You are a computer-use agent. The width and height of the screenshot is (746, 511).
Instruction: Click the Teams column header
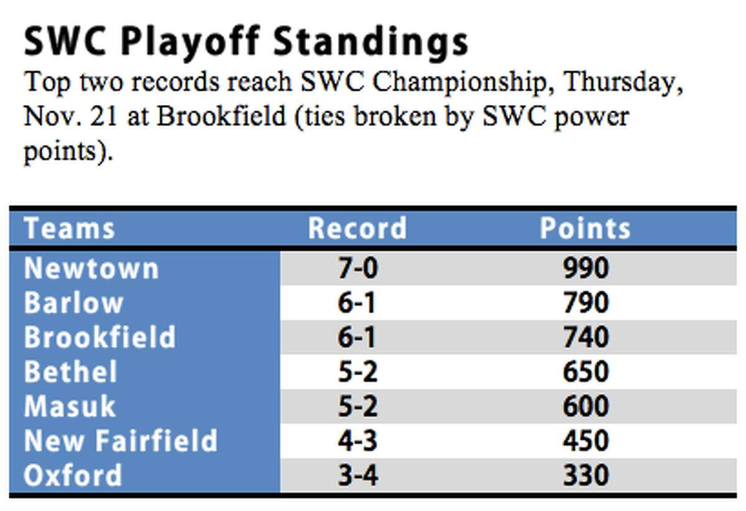(69, 228)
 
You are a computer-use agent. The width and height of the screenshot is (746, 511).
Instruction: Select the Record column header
(357, 228)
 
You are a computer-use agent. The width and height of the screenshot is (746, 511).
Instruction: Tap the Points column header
(585, 228)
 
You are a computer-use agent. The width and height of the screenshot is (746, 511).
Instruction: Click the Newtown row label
(91, 268)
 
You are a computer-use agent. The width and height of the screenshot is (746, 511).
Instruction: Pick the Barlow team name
(73, 303)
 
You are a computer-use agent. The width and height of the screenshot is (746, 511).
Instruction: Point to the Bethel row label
(70, 371)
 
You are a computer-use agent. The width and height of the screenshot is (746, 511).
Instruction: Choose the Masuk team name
(70, 406)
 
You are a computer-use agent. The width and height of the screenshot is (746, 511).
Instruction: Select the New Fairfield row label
(121, 440)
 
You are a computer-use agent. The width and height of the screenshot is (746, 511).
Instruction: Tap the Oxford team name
(73, 475)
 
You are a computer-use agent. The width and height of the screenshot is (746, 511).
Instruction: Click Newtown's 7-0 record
(357, 268)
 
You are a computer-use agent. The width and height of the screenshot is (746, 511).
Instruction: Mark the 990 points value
(586, 268)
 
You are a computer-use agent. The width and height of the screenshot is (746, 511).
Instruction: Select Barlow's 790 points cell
(586, 303)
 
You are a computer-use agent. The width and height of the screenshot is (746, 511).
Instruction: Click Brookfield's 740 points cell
(586, 337)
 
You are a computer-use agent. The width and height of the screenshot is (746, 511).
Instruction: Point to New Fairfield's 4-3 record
(357, 440)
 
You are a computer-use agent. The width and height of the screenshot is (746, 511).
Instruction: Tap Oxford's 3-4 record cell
(357, 475)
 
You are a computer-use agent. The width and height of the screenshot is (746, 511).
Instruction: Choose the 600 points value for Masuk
(586, 406)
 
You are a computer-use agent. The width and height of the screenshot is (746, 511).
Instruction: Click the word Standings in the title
(371, 43)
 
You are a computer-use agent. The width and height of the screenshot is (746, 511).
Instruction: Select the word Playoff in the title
(189, 43)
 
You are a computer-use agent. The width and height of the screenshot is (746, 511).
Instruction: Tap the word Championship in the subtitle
(459, 82)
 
